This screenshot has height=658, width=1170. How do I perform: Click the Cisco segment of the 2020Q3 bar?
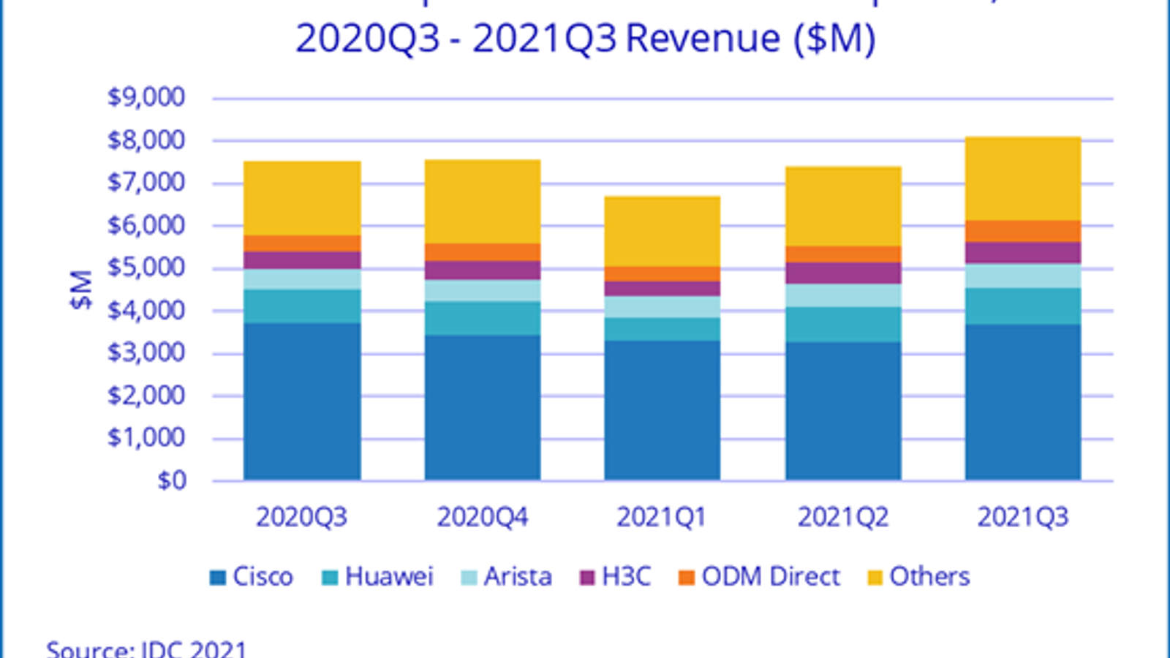pyautogui.click(x=302, y=401)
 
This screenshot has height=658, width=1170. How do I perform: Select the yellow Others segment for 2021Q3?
pyautogui.click(x=1022, y=178)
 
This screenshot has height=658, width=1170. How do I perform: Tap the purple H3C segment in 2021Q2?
pyautogui.click(x=842, y=273)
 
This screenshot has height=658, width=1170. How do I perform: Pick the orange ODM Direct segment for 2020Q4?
pyautogui.click(x=483, y=252)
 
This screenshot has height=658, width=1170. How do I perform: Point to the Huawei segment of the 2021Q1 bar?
pyautogui.click(x=662, y=329)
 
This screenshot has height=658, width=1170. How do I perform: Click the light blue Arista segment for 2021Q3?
pyautogui.click(x=1022, y=276)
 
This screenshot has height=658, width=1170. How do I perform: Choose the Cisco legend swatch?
pyautogui.click(x=218, y=578)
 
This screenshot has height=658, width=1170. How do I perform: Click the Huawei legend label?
pyautogui.click(x=389, y=577)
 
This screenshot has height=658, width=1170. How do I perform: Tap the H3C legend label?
pyautogui.click(x=626, y=577)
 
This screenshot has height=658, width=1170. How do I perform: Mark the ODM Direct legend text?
pyautogui.click(x=771, y=577)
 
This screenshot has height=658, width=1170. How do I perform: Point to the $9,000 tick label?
pyautogui.click(x=146, y=97)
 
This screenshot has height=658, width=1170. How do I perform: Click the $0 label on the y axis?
pyautogui.click(x=172, y=481)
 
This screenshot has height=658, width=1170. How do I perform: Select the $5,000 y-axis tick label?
pyautogui.click(x=146, y=268)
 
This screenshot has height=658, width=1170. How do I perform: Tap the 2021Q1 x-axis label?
pyautogui.click(x=662, y=518)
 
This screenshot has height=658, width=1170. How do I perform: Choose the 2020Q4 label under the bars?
pyautogui.click(x=483, y=518)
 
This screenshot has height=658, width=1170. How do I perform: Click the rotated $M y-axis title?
pyautogui.click(x=82, y=290)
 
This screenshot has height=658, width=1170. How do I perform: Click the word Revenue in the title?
pyautogui.click(x=703, y=38)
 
